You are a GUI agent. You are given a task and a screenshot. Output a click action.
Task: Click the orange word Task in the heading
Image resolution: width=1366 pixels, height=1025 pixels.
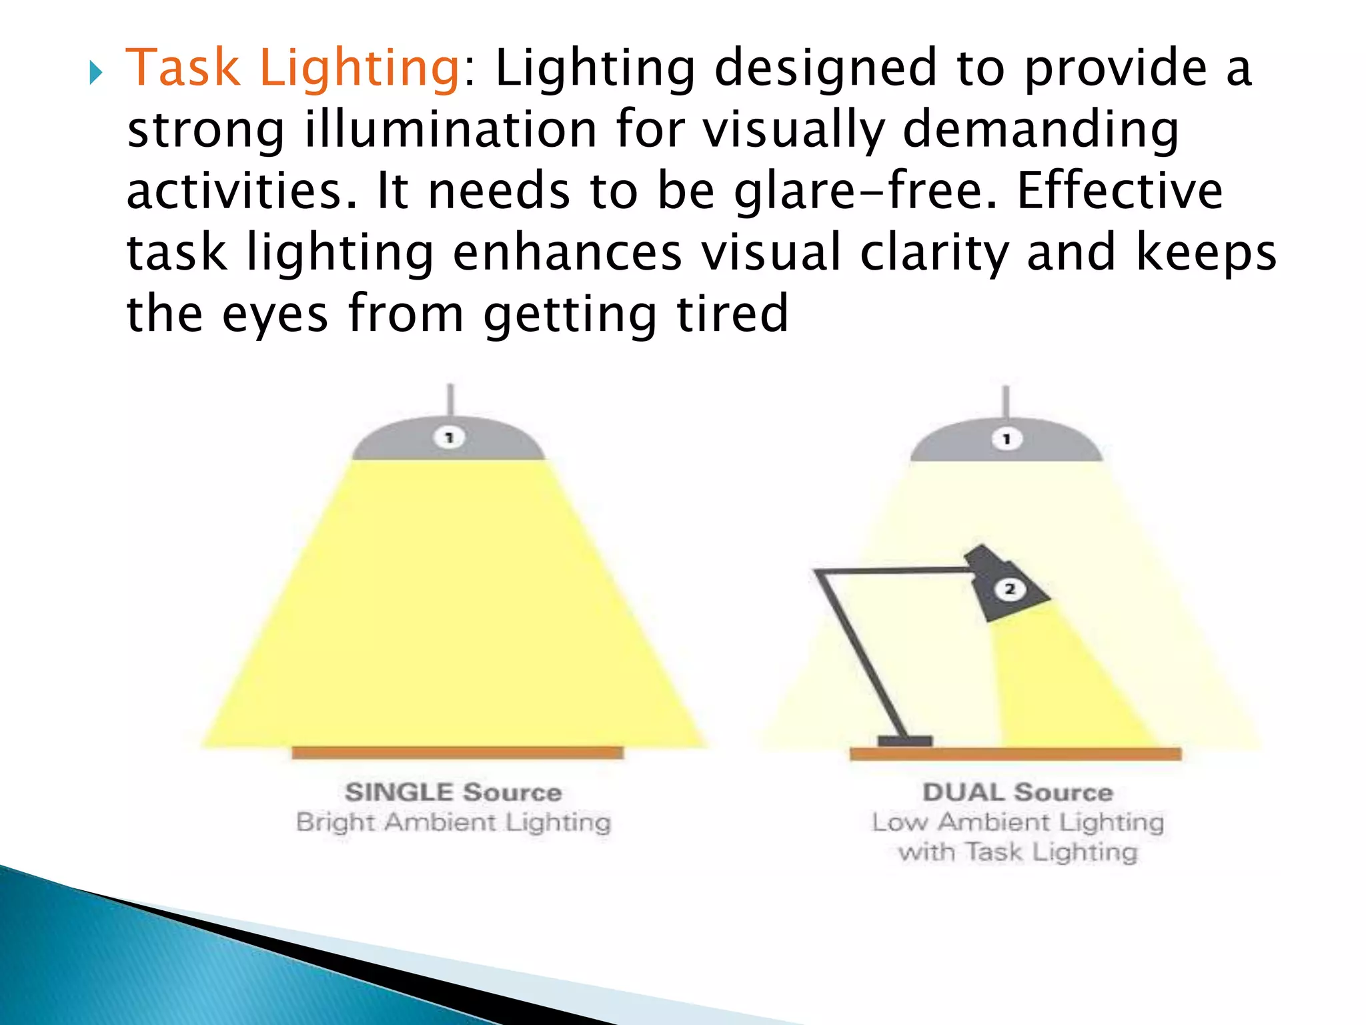pos(182,68)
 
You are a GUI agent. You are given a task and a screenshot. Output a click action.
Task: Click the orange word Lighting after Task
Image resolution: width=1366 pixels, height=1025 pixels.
pos(359,69)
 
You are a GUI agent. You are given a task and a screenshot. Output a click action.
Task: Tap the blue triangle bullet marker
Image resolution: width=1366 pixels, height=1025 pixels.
pos(96,73)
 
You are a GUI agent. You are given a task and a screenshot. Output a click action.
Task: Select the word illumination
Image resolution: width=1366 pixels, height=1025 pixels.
pos(451,129)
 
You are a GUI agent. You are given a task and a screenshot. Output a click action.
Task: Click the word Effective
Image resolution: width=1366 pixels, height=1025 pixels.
pos(1120,191)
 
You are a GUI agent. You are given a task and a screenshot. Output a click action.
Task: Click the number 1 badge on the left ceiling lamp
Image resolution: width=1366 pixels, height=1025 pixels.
pos(450,438)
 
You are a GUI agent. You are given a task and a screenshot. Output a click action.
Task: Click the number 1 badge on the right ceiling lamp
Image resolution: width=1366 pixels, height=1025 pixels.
pos(1006,439)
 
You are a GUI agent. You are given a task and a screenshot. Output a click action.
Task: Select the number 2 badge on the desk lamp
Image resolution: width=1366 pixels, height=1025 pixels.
pos(1010,589)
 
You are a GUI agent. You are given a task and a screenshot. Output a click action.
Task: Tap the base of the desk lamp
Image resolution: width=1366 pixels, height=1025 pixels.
pos(904,741)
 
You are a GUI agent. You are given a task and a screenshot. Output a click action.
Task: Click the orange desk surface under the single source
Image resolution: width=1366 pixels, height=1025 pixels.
pos(458,753)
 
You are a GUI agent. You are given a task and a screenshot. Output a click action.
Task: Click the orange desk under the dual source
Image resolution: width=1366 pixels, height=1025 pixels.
pos(1015,754)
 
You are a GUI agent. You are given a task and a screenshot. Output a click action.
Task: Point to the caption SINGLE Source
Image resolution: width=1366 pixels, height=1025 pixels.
pos(454,792)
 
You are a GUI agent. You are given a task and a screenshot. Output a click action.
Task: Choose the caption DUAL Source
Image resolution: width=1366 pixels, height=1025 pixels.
pos(1018,792)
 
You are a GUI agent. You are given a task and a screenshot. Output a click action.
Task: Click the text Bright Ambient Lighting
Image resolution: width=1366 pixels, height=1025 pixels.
pos(454,822)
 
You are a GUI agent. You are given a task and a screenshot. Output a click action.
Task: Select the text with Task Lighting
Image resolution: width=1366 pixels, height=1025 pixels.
pos(1018,852)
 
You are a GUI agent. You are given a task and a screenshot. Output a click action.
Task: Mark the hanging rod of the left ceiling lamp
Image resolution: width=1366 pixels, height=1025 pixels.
pos(451,399)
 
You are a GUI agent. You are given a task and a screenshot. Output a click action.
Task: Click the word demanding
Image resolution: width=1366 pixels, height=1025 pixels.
pos(1041,129)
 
